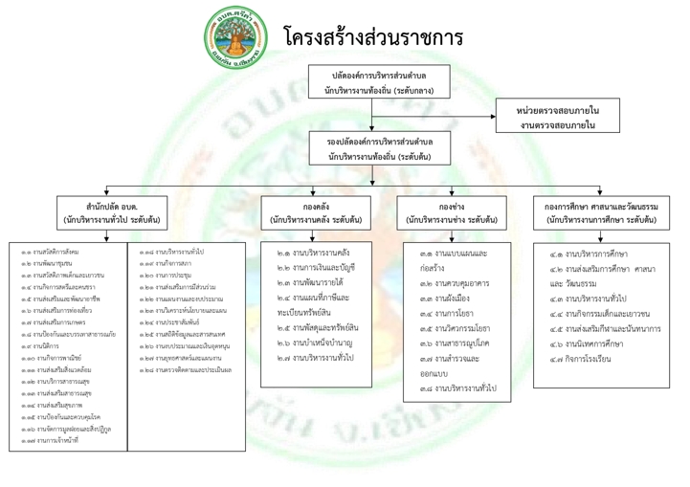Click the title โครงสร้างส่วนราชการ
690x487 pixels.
coord(373,37)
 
